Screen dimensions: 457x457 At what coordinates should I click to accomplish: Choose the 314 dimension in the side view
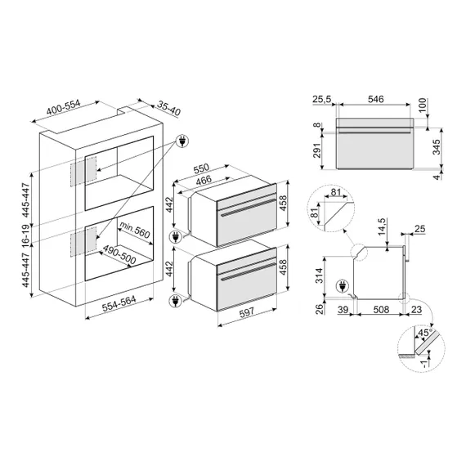point(316,278)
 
